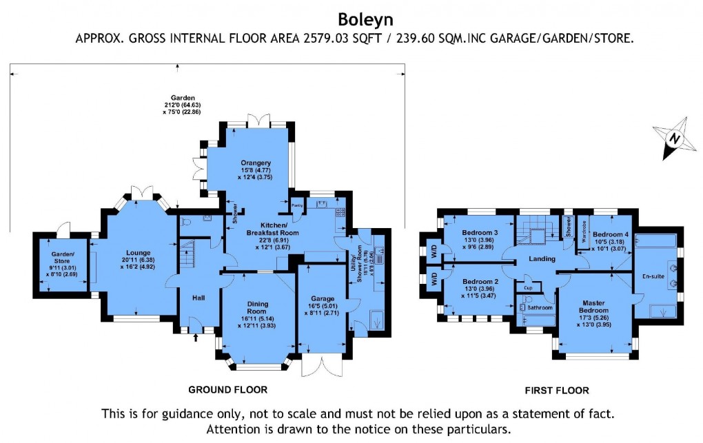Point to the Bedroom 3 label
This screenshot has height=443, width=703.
point(480,233)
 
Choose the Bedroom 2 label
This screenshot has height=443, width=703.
point(480,282)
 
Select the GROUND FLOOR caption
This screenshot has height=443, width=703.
point(233,389)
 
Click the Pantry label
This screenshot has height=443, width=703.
point(297,205)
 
